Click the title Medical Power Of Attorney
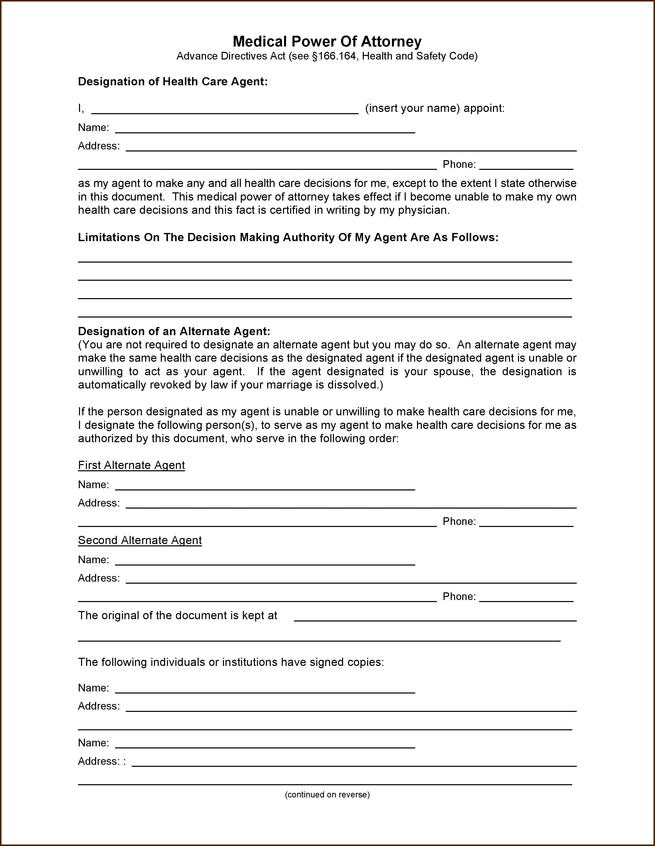[327, 41]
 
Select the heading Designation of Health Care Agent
[173, 82]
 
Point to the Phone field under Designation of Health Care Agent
[526, 166]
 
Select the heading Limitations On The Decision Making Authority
[288, 238]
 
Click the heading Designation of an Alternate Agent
[174, 331]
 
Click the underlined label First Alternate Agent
[131, 465]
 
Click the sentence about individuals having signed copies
[231, 662]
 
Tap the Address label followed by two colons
[101, 761]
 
